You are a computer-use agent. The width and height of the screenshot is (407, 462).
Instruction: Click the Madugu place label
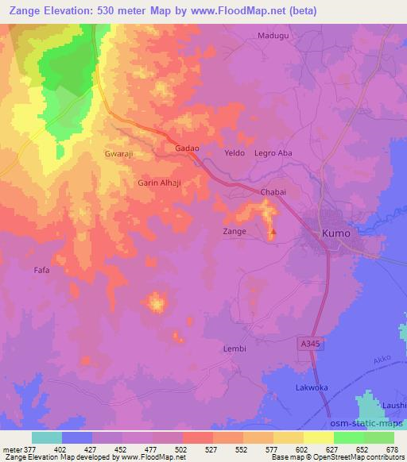point(272,36)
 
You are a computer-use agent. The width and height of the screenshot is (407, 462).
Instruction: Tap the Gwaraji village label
point(118,153)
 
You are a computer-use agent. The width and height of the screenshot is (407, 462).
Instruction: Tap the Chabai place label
point(273,192)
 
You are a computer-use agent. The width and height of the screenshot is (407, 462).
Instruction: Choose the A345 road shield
point(312,343)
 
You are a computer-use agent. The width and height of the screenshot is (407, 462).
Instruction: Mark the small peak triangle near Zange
point(272,233)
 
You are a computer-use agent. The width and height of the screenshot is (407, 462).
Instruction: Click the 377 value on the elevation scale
point(25,449)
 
